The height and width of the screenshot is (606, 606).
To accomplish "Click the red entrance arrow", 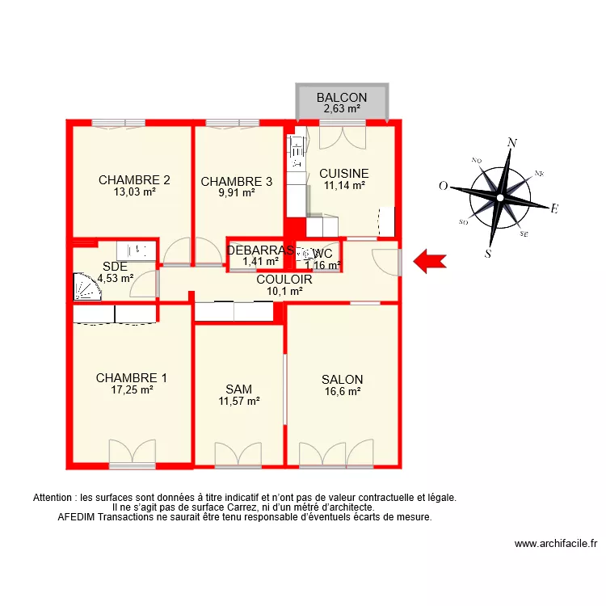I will pos(430,260).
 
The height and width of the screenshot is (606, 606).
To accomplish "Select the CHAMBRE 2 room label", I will pos(134,180).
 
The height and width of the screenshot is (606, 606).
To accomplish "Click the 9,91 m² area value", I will pos(238,192).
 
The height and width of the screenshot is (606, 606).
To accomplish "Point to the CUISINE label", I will pos(344,173).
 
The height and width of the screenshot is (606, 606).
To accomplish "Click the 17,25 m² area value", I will pos(131,389).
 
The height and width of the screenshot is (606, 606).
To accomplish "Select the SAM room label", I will pos(238,389).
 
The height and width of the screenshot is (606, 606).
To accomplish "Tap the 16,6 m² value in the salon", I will pos(342,391).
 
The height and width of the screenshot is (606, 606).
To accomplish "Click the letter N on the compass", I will pos(511,143).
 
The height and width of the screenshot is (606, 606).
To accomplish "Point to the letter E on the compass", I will pos(554,209).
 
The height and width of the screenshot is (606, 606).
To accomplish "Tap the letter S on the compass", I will pos(488,253).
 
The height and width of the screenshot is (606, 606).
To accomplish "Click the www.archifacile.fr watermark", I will pos(555,545).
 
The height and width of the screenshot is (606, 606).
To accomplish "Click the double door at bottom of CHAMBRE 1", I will pos(132,452).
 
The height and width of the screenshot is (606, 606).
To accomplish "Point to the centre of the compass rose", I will pos(500,197).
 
